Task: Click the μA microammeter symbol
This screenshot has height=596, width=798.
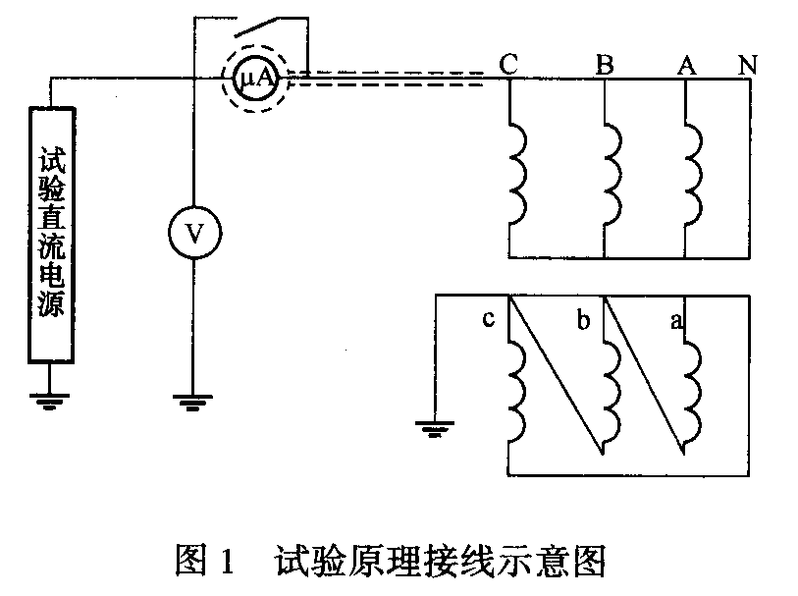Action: pyautogui.click(x=255, y=78)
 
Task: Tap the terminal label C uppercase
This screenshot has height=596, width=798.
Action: pyautogui.click(x=508, y=65)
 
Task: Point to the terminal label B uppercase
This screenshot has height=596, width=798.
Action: pyautogui.click(x=605, y=65)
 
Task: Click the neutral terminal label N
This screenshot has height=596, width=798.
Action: pyautogui.click(x=748, y=65)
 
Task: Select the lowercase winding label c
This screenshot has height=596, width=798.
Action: pyautogui.click(x=488, y=320)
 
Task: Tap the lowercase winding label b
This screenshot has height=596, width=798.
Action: pyautogui.click(x=584, y=320)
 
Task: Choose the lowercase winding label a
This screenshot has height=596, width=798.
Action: pyautogui.click(x=676, y=320)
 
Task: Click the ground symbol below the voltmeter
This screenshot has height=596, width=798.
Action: pyautogui.click(x=193, y=401)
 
